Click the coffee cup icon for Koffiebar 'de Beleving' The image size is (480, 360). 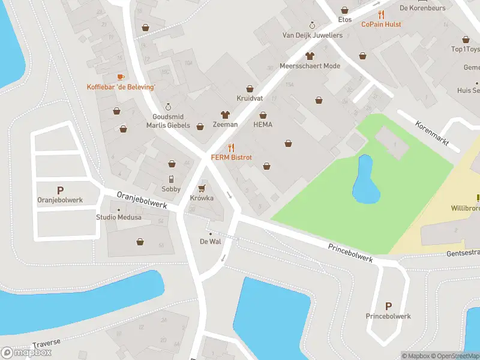click(121, 77)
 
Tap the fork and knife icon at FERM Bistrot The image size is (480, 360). click(231, 148)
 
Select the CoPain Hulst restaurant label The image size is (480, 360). click(381, 24)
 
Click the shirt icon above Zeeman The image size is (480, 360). click(226, 114)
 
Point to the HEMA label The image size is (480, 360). click(263, 125)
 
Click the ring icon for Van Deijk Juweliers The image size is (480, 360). click(312, 25)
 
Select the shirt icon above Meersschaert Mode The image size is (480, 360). click(310, 56)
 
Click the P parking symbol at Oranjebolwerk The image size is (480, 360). click(60, 190)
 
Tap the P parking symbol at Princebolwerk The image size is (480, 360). click(388, 306)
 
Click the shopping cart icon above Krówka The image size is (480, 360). click(202, 188)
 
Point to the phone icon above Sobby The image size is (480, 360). click(171, 179)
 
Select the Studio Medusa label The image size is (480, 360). click(119, 217)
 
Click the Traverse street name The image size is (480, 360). click(47, 343)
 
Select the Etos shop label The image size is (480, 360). click(344, 20)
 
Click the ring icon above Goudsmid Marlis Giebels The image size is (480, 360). click(168, 107)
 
